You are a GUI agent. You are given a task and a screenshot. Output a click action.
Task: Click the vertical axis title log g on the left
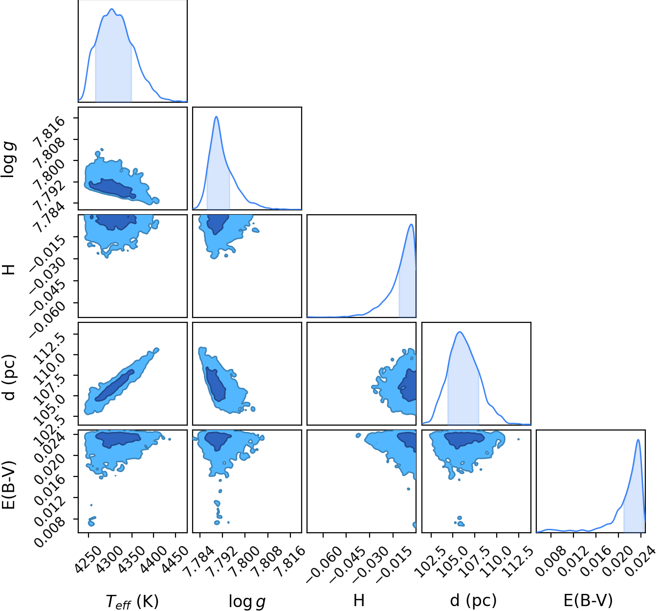coord(9,159)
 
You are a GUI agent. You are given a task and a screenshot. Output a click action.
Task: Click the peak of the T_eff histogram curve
coord(112,9)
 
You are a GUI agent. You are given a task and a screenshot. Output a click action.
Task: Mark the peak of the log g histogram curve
coord(217,116)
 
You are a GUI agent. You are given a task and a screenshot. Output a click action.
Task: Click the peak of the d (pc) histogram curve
coord(460,332)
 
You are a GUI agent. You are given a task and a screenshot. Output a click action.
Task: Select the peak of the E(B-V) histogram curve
coord(638,440)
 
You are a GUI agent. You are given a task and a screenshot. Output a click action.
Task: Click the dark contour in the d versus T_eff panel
coord(114,385)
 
